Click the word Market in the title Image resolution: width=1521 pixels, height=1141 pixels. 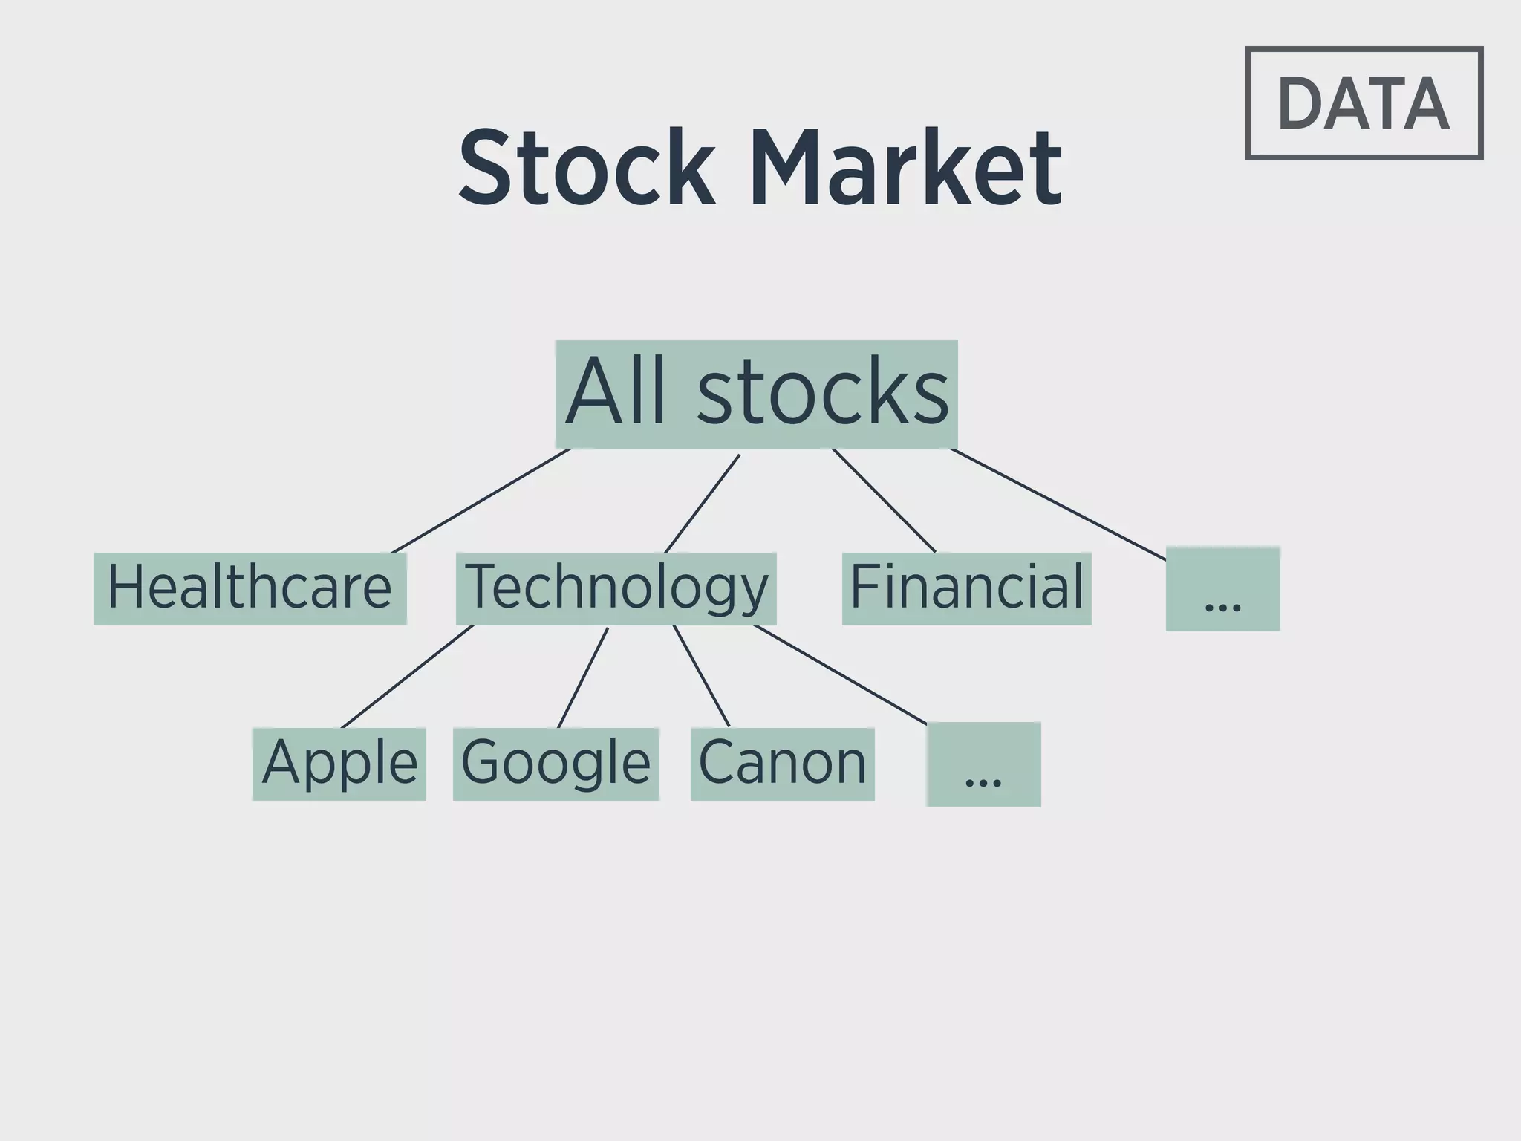click(906, 168)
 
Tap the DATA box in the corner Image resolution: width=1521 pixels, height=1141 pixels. click(1364, 103)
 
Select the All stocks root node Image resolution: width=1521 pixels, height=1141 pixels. click(756, 394)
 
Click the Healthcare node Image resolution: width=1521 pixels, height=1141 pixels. click(250, 588)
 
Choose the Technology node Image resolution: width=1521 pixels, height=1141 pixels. click(616, 588)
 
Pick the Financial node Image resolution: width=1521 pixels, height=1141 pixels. click(966, 588)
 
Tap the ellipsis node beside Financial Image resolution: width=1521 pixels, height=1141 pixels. click(1222, 589)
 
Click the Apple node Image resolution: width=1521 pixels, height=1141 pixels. click(339, 764)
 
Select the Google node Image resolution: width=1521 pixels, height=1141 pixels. click(556, 764)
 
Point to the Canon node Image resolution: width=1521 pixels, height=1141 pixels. click(782, 764)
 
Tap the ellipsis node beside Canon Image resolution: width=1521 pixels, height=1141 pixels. click(983, 764)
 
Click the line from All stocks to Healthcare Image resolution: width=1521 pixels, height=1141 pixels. click(481, 501)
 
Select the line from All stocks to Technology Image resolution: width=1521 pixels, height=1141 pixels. click(702, 504)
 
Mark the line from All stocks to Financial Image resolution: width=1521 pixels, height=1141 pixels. click(884, 501)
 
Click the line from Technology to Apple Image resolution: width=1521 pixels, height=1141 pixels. click(407, 677)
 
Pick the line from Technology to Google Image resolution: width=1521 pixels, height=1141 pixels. click(583, 677)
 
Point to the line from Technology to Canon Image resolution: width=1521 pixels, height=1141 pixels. click(701, 676)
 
